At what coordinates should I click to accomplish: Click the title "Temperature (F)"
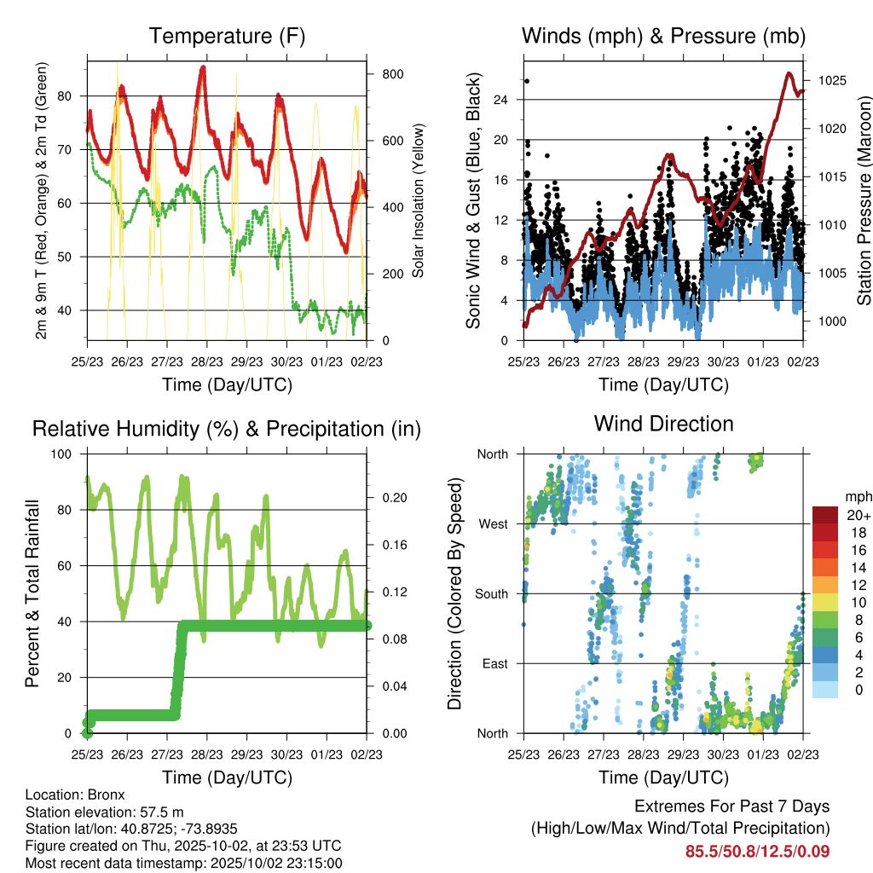coord(227,37)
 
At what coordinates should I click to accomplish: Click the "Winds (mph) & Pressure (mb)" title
coord(663,37)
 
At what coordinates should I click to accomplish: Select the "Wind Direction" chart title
coord(663,424)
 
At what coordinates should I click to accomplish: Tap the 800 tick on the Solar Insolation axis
coord(392,74)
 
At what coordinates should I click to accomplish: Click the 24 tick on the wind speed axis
coord(500,100)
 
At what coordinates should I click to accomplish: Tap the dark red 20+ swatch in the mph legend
coord(825,514)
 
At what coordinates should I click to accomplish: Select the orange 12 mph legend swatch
coord(825,584)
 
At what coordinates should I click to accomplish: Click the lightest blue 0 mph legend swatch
coord(825,690)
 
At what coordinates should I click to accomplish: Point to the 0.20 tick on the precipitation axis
coord(395,497)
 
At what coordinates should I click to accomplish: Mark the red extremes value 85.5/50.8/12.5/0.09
coord(757,851)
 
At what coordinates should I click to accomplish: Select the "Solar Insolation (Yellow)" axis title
coord(419,201)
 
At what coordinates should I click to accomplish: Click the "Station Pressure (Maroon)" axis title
coord(863,201)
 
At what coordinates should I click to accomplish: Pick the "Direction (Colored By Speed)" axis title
coord(454,593)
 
